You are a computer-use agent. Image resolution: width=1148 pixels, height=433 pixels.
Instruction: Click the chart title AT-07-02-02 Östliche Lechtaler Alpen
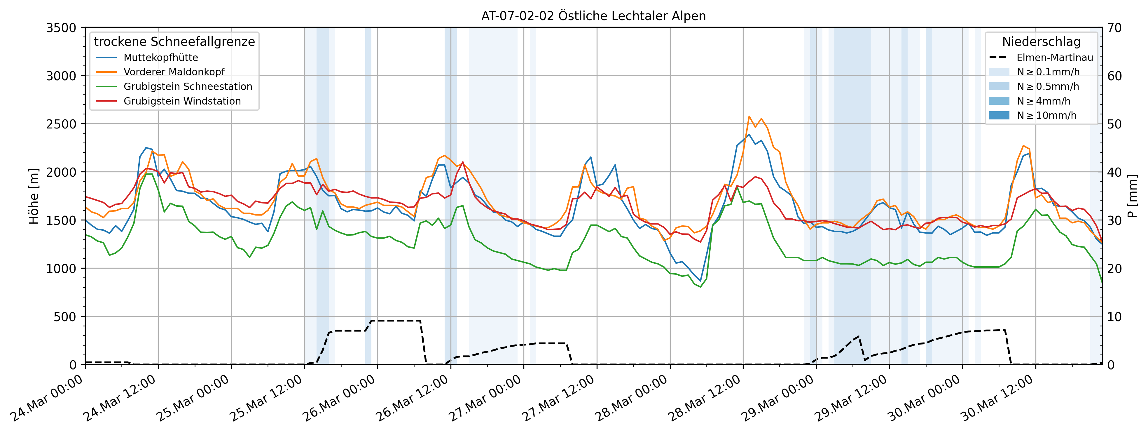pos(593,16)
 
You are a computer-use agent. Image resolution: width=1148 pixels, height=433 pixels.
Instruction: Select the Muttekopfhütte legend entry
pos(160,58)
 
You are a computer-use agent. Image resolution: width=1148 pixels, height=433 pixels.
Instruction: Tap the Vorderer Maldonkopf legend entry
pos(174,72)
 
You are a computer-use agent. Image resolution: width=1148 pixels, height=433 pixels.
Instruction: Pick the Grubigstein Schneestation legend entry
pos(188,86)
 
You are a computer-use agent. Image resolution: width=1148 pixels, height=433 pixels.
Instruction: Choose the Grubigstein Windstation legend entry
pos(182,101)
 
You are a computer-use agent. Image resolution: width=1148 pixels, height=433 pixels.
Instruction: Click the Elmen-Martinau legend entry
pos(1054,58)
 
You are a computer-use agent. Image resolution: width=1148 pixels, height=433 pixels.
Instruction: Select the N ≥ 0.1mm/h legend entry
pos(1048,72)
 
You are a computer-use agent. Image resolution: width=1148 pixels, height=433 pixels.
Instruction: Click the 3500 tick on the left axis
pos(61,28)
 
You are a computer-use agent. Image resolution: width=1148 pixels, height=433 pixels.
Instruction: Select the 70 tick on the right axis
pos(1114,28)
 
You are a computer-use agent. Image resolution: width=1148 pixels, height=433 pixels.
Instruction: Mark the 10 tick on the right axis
pos(1114,317)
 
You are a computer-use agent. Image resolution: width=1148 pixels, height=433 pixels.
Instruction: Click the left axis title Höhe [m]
pos(34,196)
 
